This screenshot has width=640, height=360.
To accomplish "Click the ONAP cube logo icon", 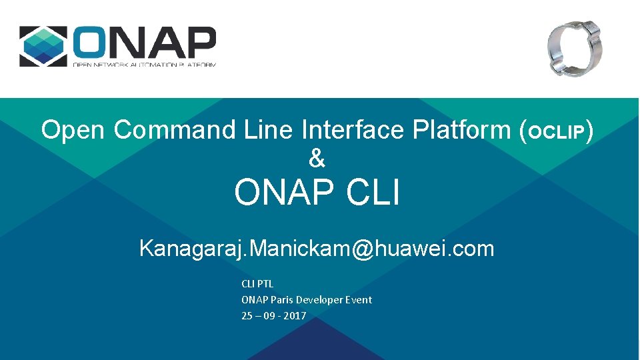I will [x=43, y=46].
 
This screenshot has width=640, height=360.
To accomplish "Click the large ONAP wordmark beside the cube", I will [x=145, y=42].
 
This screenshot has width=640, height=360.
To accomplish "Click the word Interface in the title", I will [x=353, y=129].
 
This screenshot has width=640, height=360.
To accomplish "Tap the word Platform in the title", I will [x=462, y=129].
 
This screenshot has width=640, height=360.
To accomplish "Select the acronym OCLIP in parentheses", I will [x=556, y=132].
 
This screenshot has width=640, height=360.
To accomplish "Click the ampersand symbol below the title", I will [x=317, y=159].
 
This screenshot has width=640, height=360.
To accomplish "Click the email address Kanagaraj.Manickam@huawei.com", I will [x=317, y=249].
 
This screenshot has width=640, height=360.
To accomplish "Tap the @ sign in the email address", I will [x=363, y=249].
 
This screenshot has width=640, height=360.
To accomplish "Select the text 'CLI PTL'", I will [x=257, y=284].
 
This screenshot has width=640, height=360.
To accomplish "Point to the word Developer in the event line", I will [x=319, y=300].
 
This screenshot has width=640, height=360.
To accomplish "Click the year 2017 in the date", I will [x=295, y=316].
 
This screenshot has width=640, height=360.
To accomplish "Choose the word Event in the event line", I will [x=359, y=300].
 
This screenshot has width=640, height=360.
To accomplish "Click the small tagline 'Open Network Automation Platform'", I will [x=145, y=64].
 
